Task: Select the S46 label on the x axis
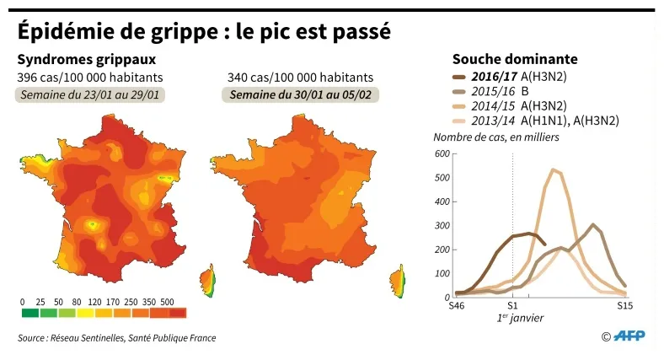tap(456, 305)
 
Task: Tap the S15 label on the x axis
tap(624, 305)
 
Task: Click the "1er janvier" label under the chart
tap(520, 319)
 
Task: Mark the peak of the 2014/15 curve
tap(553, 169)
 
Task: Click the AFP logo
tap(628, 336)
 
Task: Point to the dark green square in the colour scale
tap(29, 314)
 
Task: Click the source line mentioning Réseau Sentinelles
tap(116, 338)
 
